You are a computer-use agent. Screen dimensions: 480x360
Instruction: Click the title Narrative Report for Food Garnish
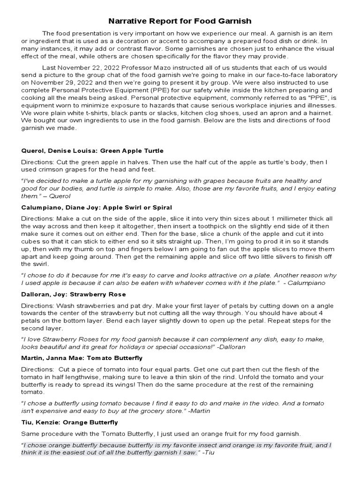180,21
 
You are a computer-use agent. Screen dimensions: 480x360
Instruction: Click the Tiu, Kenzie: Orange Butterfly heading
69,422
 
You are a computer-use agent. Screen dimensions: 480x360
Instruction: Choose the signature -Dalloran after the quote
230,347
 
